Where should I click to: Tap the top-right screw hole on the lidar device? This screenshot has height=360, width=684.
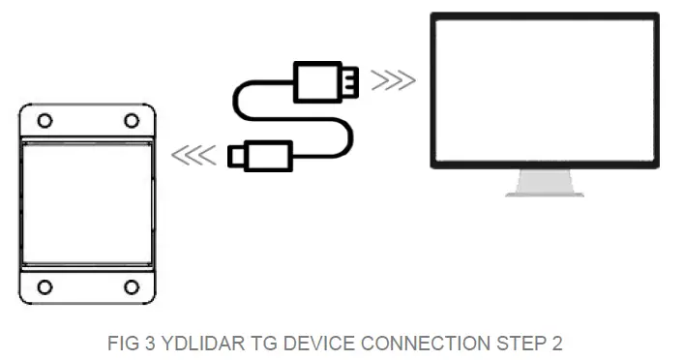click(x=131, y=121)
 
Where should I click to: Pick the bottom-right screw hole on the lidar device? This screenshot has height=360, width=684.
click(x=131, y=287)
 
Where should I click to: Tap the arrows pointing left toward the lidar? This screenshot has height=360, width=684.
click(x=193, y=155)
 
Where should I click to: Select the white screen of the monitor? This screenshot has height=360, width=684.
click(x=545, y=89)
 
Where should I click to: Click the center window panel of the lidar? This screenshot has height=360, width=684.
click(x=87, y=203)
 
